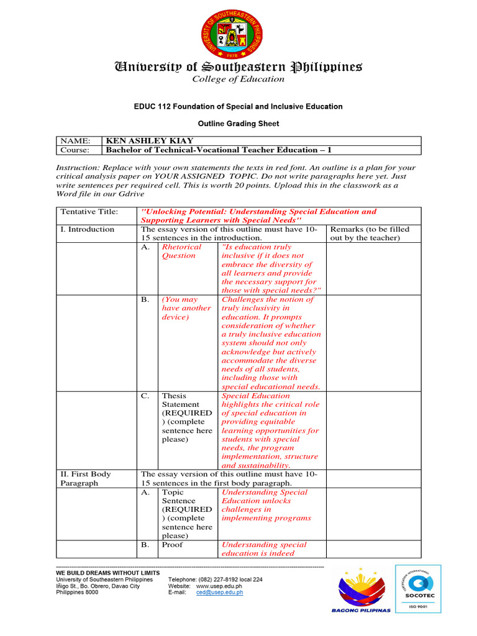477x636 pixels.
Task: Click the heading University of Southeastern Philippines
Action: [238, 66]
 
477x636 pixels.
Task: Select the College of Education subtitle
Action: [238, 79]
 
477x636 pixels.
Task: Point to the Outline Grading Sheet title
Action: [238, 124]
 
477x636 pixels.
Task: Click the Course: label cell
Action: [75, 150]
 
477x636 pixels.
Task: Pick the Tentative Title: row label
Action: [89, 212]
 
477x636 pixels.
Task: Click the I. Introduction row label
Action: [87, 229]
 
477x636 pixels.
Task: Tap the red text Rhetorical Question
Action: [181, 251]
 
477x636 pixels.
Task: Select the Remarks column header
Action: [370, 234]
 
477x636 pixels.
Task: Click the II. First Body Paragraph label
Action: [86, 478]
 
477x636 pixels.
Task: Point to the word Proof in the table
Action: [173, 545]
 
